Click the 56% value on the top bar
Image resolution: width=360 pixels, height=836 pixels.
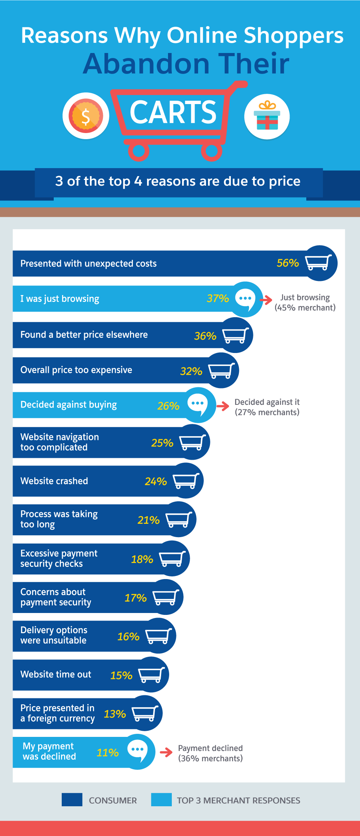tap(288, 263)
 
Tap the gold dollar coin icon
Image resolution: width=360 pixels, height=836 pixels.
tap(86, 116)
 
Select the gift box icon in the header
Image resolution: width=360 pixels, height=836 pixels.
tap(267, 116)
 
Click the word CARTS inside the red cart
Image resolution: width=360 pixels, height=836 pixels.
tap(173, 112)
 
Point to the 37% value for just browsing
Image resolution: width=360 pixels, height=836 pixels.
tap(218, 298)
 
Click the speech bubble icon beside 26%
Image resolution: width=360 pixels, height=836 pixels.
tap(198, 404)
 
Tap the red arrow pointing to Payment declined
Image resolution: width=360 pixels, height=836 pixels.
tap(166, 753)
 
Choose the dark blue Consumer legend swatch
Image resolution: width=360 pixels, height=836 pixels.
tap(72, 800)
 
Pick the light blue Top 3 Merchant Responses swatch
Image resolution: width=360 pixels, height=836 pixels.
tap(161, 800)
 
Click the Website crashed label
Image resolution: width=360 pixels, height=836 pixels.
tap(54, 481)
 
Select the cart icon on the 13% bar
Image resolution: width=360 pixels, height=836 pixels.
tap(145, 713)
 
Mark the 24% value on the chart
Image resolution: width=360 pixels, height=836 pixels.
tap(156, 481)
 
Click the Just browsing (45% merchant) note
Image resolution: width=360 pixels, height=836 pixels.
tap(305, 303)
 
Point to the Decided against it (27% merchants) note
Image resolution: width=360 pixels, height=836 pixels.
tap(267, 407)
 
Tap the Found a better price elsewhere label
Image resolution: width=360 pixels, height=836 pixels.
tap(84, 335)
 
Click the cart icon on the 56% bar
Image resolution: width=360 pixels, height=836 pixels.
tap(318, 263)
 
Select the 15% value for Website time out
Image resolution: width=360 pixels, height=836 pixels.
tap(121, 676)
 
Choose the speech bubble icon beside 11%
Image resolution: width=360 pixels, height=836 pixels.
tap(138, 751)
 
